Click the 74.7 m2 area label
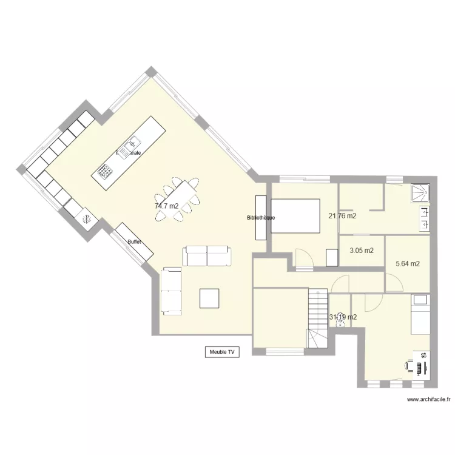click(x=166, y=206)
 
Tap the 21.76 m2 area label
click(x=342, y=215)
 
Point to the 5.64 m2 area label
click(x=408, y=264)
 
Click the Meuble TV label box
click(x=221, y=351)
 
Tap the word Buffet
click(x=134, y=242)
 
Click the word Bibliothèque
click(x=261, y=217)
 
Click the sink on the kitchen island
click(x=129, y=147)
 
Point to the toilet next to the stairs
click(x=341, y=321)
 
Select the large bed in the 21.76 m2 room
click(x=295, y=215)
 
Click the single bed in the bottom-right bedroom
click(x=420, y=314)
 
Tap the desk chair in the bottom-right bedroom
click(x=411, y=365)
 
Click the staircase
click(x=317, y=318)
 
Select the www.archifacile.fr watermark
click(x=430, y=399)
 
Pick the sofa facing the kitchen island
click(x=207, y=256)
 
